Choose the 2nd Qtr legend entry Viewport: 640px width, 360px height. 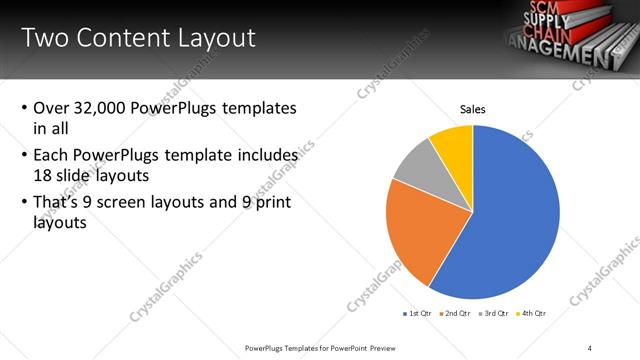[456, 313]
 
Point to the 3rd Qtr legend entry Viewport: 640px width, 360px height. [494, 313]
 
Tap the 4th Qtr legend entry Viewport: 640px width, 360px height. [531, 313]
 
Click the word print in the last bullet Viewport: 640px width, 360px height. [276, 204]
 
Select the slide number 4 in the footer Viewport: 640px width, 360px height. [590, 348]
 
